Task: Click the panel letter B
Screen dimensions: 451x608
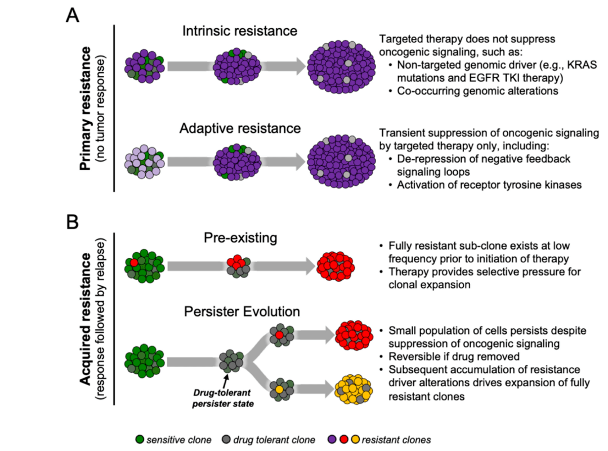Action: coord(72,222)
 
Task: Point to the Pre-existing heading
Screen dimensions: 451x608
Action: coord(240,238)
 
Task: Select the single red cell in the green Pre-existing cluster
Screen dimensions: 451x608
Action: coord(134,262)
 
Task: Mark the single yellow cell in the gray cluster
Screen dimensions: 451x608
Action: coord(279,389)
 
